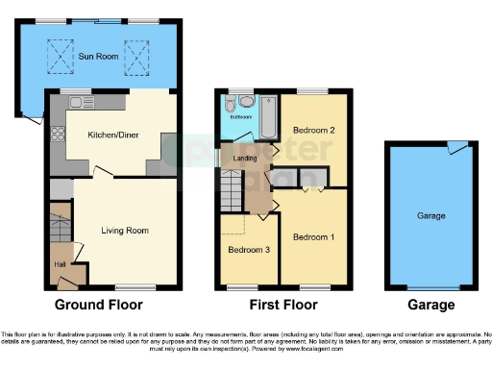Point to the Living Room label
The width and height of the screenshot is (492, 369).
pyautogui.click(x=125, y=231)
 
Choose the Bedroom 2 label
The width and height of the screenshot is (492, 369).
pyautogui.click(x=313, y=130)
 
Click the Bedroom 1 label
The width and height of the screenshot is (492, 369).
pyautogui.click(x=313, y=236)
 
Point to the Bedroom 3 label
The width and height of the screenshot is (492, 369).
pyautogui.click(x=247, y=250)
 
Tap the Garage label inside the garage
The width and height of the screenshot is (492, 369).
pyautogui.click(x=430, y=216)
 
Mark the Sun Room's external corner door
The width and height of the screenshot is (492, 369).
pyautogui.click(x=34, y=117)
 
